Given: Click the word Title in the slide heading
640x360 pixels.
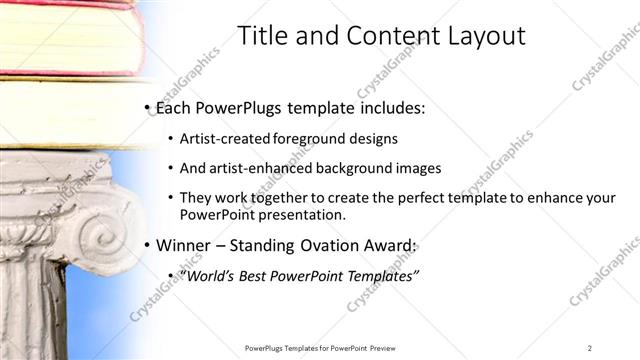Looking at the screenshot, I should click(x=261, y=36).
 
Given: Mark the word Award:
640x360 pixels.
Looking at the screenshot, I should click(x=389, y=245).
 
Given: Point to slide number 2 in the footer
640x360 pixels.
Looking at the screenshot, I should click(x=590, y=348).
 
